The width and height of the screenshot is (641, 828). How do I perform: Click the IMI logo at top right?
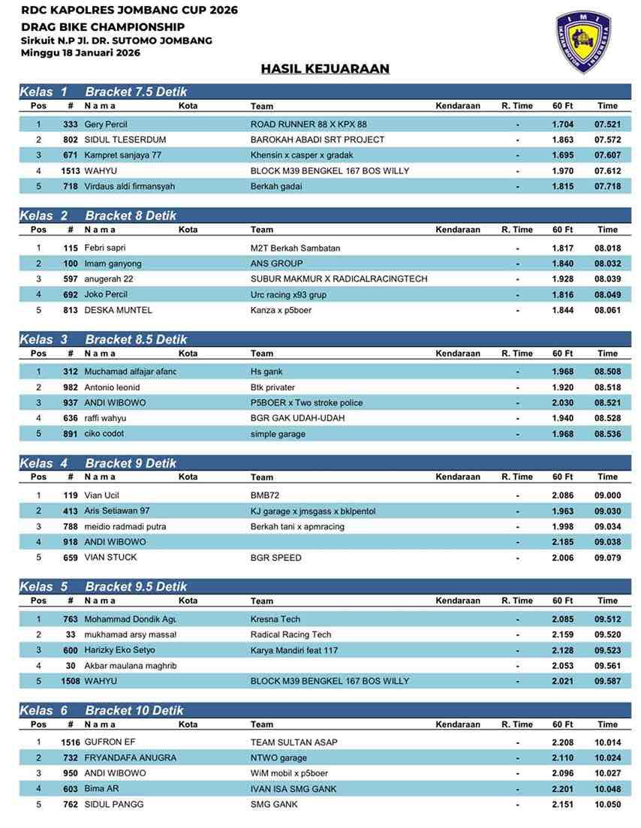pos(588,42)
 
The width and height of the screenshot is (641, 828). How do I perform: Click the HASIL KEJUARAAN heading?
pos(325,69)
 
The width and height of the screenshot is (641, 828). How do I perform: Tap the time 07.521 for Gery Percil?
pos(607,125)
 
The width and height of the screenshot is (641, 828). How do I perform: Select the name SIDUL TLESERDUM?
pos(125,140)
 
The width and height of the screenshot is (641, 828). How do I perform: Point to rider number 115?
pos(71,248)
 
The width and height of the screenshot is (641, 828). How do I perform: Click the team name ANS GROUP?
pos(276,263)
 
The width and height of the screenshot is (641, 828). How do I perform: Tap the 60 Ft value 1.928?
pos(563,279)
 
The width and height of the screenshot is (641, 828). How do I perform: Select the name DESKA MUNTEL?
pos(119,310)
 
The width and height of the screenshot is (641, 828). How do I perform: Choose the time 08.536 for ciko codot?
pos(607,434)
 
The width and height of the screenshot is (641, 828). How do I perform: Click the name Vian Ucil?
pos(102,495)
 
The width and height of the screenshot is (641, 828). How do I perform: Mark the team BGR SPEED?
pos(276,558)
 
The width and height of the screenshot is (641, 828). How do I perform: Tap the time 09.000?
pos(607,495)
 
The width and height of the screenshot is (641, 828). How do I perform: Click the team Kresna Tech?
pos(275,619)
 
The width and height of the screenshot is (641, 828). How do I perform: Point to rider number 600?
pos(71,650)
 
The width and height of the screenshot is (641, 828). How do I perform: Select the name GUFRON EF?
pos(110,742)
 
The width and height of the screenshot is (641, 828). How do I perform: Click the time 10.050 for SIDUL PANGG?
pos(607,805)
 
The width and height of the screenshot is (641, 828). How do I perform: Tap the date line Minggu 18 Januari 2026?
pos(80,53)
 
